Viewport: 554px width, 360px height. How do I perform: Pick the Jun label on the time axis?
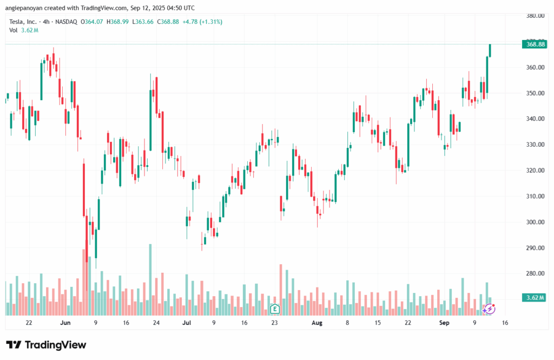coord(65,323)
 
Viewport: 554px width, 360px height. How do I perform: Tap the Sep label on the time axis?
coord(444,323)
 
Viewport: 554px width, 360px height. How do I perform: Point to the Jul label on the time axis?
coord(187,323)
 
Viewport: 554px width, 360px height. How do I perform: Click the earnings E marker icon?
coord(274,309)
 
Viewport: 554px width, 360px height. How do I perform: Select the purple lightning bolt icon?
coord(489,309)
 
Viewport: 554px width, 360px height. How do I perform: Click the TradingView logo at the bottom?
coord(46,345)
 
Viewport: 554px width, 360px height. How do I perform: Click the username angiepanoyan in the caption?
coord(26,8)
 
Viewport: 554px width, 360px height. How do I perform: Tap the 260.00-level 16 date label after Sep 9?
coord(505,323)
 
